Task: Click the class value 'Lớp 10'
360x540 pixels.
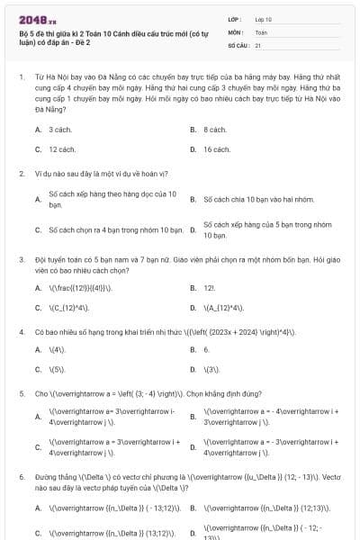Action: (263, 19)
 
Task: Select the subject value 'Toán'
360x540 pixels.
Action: (261, 31)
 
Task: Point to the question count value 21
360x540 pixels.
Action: (258, 44)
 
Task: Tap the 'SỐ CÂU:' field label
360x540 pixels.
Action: (238, 44)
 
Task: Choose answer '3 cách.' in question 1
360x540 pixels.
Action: (59, 130)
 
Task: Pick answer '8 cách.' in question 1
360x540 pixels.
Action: (214, 130)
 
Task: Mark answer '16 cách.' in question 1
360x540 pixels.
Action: (216, 149)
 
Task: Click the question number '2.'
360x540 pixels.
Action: (22, 174)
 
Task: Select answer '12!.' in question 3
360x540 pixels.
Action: (209, 288)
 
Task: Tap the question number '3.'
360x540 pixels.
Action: (22, 259)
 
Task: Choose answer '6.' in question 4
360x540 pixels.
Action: (206, 349)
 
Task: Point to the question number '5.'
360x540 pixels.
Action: (22, 393)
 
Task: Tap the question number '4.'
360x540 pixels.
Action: (22, 331)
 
